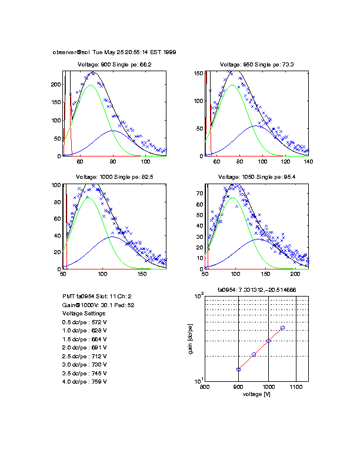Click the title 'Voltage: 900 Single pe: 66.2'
click(115, 64)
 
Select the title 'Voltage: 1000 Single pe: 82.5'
click(115, 177)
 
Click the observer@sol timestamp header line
click(114, 52)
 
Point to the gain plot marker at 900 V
click(238, 370)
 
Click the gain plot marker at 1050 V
click(282, 328)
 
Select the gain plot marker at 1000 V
click(268, 341)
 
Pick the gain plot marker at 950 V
click(254, 354)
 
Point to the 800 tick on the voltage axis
click(205, 387)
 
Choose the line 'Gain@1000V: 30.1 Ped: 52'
click(98, 305)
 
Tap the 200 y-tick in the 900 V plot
click(56, 85)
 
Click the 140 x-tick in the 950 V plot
click(308, 161)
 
